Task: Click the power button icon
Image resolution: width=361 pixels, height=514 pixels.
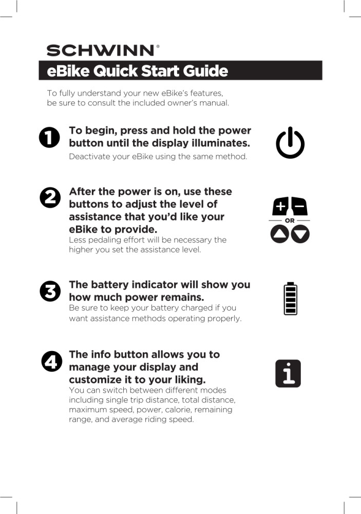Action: click(x=290, y=142)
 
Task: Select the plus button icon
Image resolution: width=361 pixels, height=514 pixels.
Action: click(x=280, y=206)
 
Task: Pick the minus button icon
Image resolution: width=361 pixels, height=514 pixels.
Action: click(x=299, y=206)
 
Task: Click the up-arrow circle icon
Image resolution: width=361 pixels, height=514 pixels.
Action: click(x=279, y=234)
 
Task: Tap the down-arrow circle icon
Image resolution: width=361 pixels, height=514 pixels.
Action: click(x=300, y=234)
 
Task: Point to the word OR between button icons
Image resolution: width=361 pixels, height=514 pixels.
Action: click(x=290, y=221)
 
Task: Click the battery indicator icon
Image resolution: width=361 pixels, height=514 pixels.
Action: click(x=291, y=298)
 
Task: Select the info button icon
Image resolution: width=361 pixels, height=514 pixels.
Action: click(x=288, y=373)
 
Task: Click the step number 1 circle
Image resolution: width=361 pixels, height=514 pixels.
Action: click(x=49, y=137)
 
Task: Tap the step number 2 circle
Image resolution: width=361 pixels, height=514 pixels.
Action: click(x=50, y=197)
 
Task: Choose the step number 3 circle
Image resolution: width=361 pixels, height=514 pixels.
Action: click(x=50, y=291)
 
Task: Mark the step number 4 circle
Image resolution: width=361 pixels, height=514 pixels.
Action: click(x=51, y=361)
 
